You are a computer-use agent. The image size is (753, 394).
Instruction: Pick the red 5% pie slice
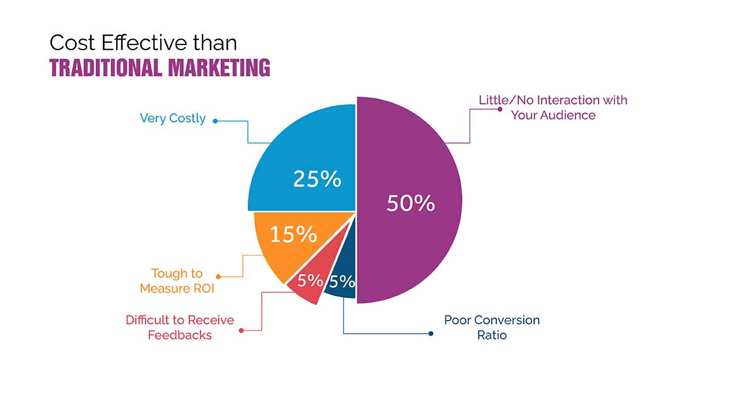coord(308,285)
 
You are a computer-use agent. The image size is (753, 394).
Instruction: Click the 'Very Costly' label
coord(173,119)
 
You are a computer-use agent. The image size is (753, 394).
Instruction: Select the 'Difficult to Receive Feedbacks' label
coord(179,327)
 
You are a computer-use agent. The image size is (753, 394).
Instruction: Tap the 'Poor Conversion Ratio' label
coord(491,327)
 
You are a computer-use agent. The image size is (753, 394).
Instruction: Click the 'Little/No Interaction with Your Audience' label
coord(553,107)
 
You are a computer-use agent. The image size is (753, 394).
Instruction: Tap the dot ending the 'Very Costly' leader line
coord(215,120)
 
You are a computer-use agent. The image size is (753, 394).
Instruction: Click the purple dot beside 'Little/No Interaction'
coord(499,109)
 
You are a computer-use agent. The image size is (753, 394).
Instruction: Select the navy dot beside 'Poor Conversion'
coord(430,333)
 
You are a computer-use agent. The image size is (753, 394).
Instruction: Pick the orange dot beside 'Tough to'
coord(217,276)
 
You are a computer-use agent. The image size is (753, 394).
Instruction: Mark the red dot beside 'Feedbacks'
coord(242,329)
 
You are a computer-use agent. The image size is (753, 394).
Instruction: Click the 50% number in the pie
coord(410,203)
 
